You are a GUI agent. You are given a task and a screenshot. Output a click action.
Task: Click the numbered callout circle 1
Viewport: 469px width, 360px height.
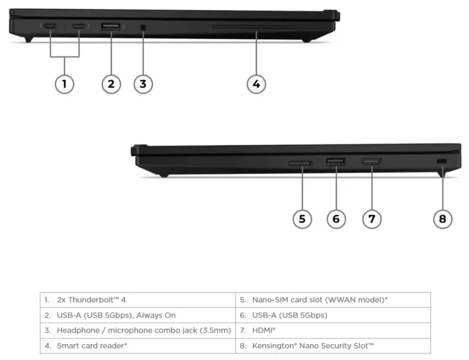(x=64, y=84)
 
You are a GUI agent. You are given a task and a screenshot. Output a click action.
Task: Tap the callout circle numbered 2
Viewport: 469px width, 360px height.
(x=111, y=84)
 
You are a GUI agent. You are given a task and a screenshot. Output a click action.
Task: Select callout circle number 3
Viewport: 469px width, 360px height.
(x=143, y=84)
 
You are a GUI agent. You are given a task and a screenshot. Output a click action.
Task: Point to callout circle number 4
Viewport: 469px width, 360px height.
(x=256, y=84)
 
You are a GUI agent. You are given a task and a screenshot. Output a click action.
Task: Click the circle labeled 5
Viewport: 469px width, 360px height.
(x=302, y=219)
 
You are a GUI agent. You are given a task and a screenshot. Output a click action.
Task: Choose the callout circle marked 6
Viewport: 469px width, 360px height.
(x=336, y=219)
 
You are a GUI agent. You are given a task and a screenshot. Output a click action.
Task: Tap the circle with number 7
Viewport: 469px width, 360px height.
(x=372, y=219)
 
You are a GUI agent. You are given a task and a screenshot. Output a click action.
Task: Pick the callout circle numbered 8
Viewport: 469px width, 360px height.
(x=443, y=219)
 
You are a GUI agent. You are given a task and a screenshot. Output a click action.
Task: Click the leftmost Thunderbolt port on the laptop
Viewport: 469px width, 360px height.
(x=50, y=26)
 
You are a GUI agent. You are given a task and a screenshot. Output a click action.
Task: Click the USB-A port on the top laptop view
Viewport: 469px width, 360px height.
(x=111, y=26)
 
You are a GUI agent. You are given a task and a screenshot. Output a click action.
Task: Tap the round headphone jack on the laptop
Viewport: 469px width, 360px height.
(x=143, y=26)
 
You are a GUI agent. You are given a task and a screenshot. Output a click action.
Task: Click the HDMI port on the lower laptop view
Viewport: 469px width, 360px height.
(x=371, y=162)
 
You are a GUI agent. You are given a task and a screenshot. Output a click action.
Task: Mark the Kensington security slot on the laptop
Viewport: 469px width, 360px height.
(x=442, y=162)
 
